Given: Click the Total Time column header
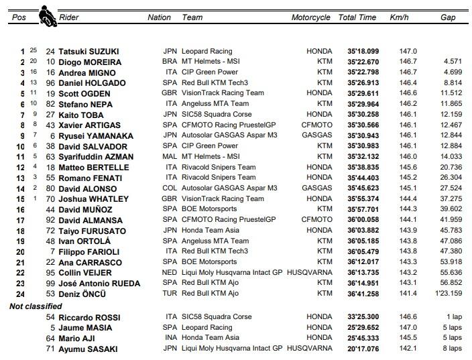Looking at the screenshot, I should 357,17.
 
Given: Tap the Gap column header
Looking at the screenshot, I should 448,17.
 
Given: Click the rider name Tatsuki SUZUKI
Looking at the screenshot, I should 90,51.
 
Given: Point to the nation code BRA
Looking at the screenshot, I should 170,62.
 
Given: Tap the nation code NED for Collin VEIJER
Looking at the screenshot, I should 170,273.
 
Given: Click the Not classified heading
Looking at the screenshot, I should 36,306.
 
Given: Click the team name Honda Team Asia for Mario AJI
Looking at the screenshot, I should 212,338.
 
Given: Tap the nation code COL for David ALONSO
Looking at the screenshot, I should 170,188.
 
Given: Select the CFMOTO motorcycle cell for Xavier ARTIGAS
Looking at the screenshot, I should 316,125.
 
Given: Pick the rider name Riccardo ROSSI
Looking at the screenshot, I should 88,317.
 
